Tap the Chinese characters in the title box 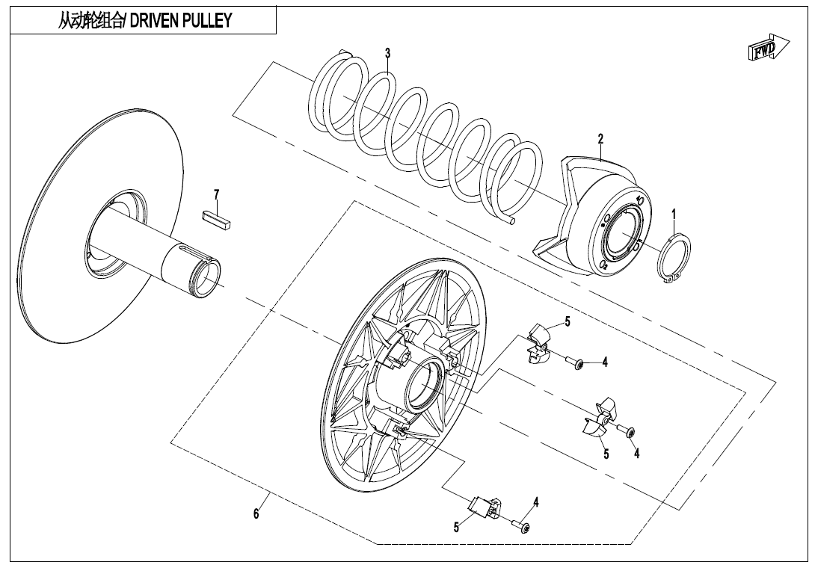(91, 21)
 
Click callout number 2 (600, 139)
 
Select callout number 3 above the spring (387, 53)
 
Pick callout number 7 (217, 195)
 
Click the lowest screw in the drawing (522, 528)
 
